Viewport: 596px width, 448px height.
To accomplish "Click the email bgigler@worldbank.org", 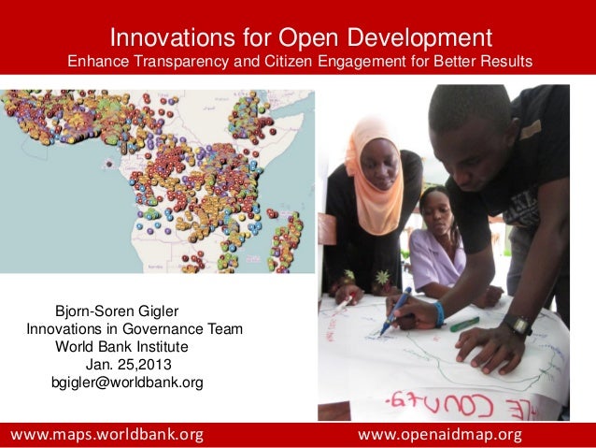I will [x=126, y=383].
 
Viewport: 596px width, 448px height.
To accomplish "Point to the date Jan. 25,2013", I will [x=128, y=365].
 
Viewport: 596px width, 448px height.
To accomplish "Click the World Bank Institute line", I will [x=121, y=347].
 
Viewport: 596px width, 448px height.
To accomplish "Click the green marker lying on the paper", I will [x=463, y=324].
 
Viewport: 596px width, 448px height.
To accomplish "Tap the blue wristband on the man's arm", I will [x=439, y=313].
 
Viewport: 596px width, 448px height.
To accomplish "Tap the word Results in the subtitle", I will [x=504, y=63].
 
